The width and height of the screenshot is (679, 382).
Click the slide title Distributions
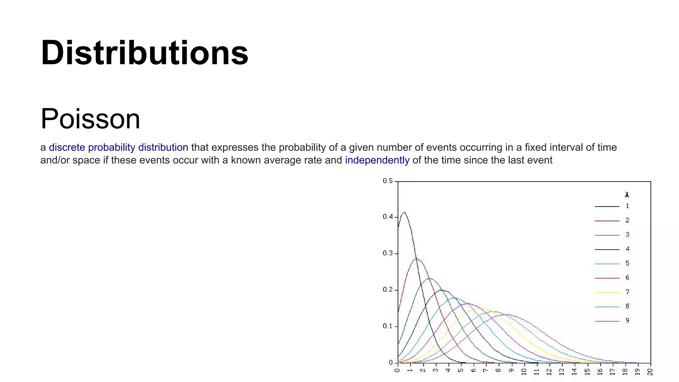coord(144,53)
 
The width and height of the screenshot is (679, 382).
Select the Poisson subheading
coord(90,119)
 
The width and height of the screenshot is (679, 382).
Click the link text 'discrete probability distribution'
coord(118,147)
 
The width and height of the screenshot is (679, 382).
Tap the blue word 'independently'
coord(377,160)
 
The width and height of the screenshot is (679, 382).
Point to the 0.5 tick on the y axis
coord(388,181)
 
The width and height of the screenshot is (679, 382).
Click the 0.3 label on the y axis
coord(388,253)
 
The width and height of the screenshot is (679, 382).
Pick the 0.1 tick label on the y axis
coord(388,326)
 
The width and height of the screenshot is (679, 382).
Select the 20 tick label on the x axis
coord(650,372)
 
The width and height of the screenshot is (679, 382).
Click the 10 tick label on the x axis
coord(524,372)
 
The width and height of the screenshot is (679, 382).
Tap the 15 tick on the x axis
coord(587,372)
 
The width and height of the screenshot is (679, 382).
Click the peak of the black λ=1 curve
coord(404,212)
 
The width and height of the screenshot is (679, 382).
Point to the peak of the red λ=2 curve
coord(416,259)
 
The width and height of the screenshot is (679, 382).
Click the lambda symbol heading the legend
coord(627,195)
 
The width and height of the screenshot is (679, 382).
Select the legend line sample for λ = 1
coord(607,207)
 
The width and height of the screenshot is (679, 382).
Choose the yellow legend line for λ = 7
coord(607,292)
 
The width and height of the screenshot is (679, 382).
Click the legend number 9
coord(627,321)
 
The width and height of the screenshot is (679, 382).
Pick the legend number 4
coord(627,249)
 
